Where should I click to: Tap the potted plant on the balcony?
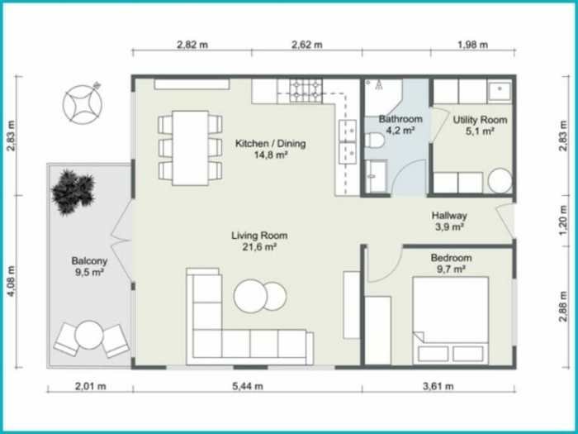coord(72,188)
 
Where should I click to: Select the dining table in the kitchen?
coord(190,147)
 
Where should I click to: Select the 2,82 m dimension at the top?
coord(192,45)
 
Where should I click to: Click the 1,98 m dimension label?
coord(472,45)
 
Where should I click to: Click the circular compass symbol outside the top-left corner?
coord(83,103)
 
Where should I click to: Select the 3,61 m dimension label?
coord(438,385)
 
